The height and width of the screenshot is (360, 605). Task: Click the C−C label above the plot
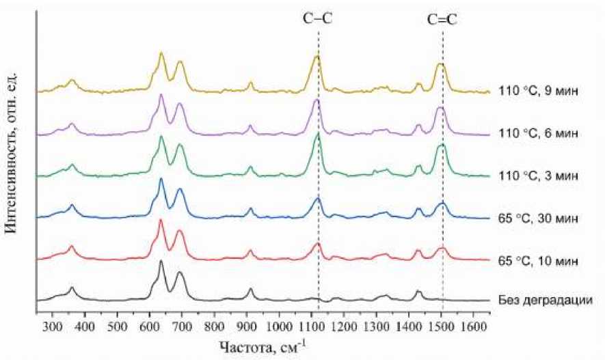click(x=318, y=20)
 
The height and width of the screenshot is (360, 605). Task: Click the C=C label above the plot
click(x=443, y=20)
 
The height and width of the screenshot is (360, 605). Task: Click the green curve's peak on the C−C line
click(x=318, y=133)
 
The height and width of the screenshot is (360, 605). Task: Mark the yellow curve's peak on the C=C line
click(x=442, y=64)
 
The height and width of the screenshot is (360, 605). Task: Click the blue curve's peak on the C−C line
click(x=318, y=198)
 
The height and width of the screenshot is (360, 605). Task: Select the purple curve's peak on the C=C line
click(x=441, y=108)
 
